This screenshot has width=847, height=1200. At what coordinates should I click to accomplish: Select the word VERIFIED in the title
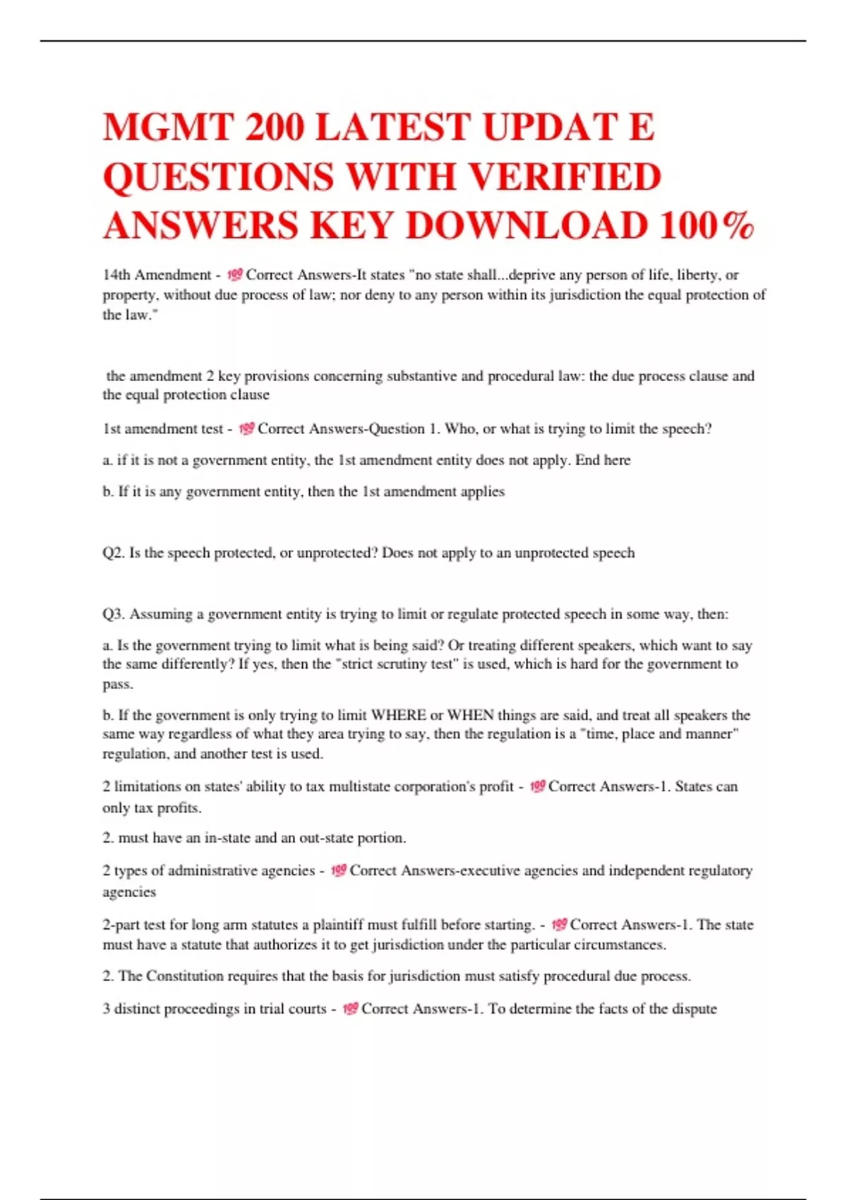pyautogui.click(x=565, y=176)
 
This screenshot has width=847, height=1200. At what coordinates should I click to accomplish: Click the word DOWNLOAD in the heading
pyautogui.click(x=527, y=226)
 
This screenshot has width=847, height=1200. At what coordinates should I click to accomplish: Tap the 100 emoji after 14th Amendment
pyautogui.click(x=235, y=275)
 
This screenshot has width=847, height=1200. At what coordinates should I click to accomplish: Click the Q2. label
pyautogui.click(x=113, y=553)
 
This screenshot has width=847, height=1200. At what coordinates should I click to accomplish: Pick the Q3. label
pyautogui.click(x=113, y=614)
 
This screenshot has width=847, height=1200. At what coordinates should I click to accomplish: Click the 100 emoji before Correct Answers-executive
pyautogui.click(x=338, y=870)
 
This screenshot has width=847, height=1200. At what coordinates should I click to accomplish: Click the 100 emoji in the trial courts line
pyautogui.click(x=350, y=1009)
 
